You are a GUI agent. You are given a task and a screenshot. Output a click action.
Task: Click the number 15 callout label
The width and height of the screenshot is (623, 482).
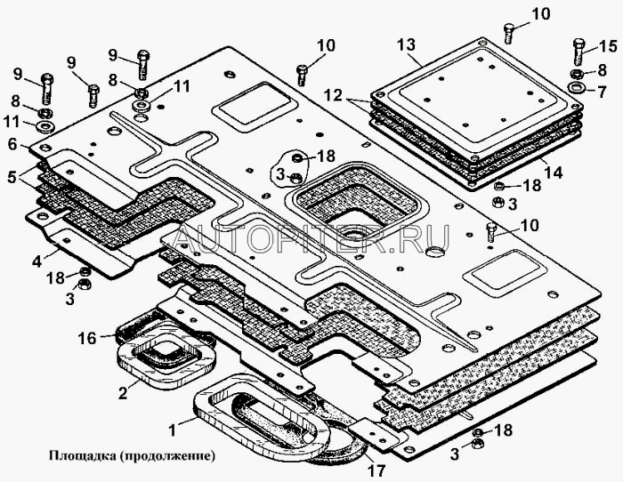(x=607, y=45)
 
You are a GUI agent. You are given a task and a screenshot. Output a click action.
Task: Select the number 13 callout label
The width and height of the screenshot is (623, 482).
(x=406, y=44)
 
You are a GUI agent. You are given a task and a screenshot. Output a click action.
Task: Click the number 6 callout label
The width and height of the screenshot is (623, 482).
(x=12, y=143)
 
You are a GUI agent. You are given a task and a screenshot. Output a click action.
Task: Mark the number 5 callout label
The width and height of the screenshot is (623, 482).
(x=12, y=176)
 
